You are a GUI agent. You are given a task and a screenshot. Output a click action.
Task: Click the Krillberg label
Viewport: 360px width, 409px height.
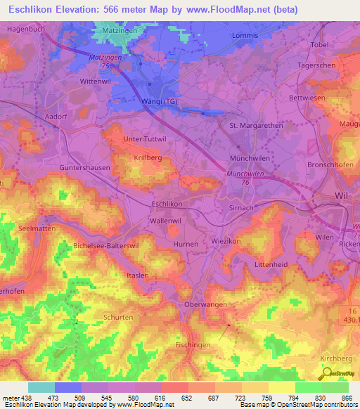[148, 159]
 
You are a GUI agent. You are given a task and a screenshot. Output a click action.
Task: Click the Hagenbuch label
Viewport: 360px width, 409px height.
[26, 29]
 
